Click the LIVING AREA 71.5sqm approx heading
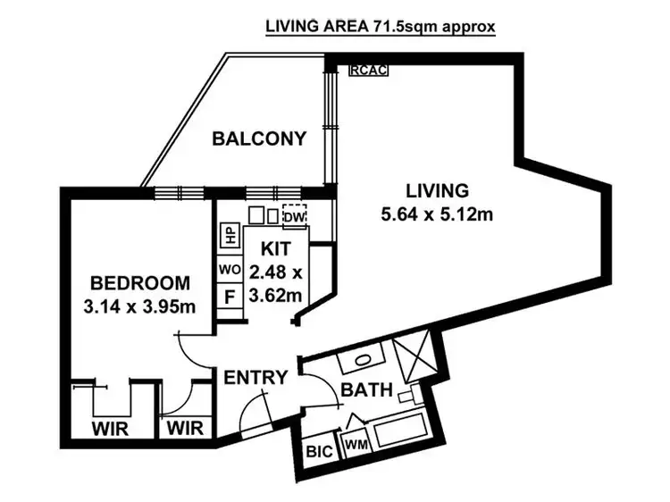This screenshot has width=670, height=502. (x=380, y=25)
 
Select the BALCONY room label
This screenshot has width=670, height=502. (x=259, y=138)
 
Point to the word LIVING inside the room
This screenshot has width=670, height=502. (x=437, y=190)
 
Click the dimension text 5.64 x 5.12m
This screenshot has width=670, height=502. (x=437, y=214)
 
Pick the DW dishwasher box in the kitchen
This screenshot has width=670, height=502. (x=294, y=216)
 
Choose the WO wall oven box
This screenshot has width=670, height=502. (x=230, y=268)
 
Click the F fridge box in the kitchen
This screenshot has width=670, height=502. (x=230, y=296)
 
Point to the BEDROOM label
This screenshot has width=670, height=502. (x=140, y=283)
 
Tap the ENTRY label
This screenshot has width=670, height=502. (x=255, y=378)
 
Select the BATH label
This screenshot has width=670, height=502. (x=366, y=389)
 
